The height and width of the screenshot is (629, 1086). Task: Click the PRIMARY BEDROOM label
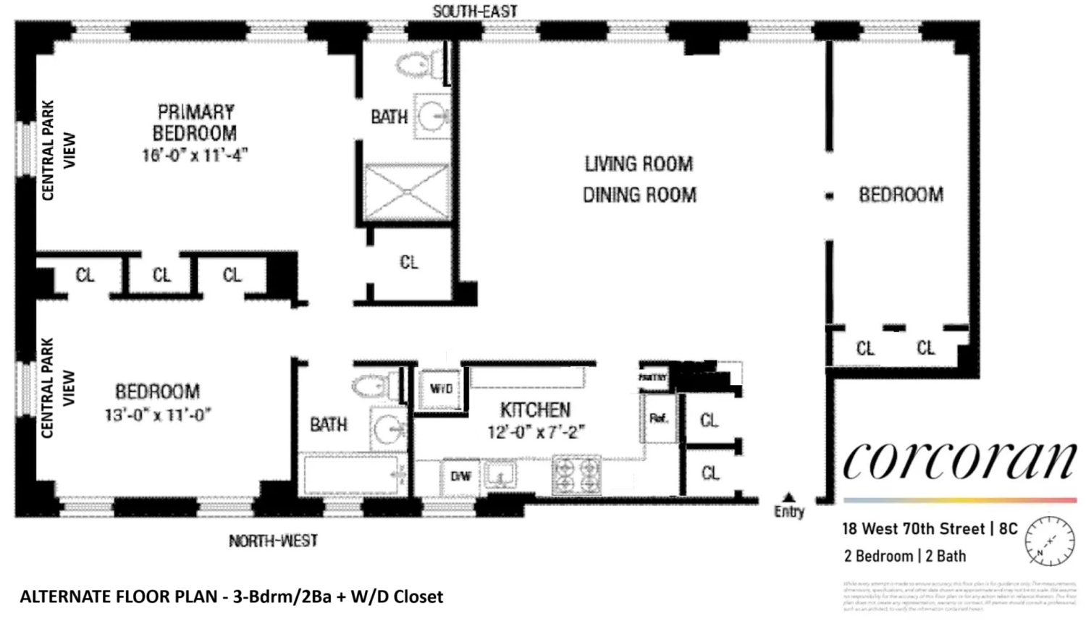click(195, 122)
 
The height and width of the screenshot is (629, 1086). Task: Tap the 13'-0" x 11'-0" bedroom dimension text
click(157, 415)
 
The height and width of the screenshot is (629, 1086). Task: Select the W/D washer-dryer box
click(441, 389)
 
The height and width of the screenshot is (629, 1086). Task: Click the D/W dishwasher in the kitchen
click(461, 476)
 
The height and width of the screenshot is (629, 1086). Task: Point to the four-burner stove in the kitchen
click(576, 475)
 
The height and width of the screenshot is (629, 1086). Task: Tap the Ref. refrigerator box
click(658, 418)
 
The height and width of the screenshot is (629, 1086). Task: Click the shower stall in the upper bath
click(407, 191)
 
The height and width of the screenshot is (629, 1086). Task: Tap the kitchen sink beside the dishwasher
click(501, 476)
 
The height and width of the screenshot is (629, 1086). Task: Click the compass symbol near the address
click(1048, 540)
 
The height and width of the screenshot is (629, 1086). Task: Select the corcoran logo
click(959, 460)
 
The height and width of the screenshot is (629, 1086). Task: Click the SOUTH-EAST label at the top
click(474, 11)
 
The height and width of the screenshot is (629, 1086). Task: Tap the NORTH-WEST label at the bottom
click(273, 541)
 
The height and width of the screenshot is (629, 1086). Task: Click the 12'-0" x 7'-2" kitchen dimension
click(536, 432)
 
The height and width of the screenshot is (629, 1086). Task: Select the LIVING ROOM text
click(639, 164)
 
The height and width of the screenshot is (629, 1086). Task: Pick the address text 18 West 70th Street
click(913, 529)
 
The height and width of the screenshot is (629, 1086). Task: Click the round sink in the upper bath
click(435, 116)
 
